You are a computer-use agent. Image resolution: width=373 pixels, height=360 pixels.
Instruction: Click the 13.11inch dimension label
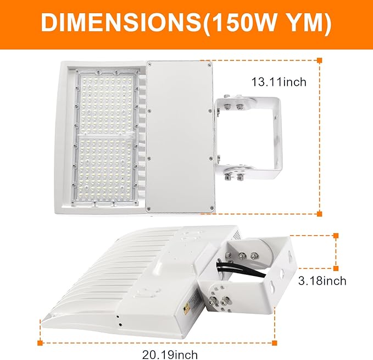(279, 82)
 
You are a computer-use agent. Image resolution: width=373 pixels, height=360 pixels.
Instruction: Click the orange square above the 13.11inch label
(320, 60)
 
